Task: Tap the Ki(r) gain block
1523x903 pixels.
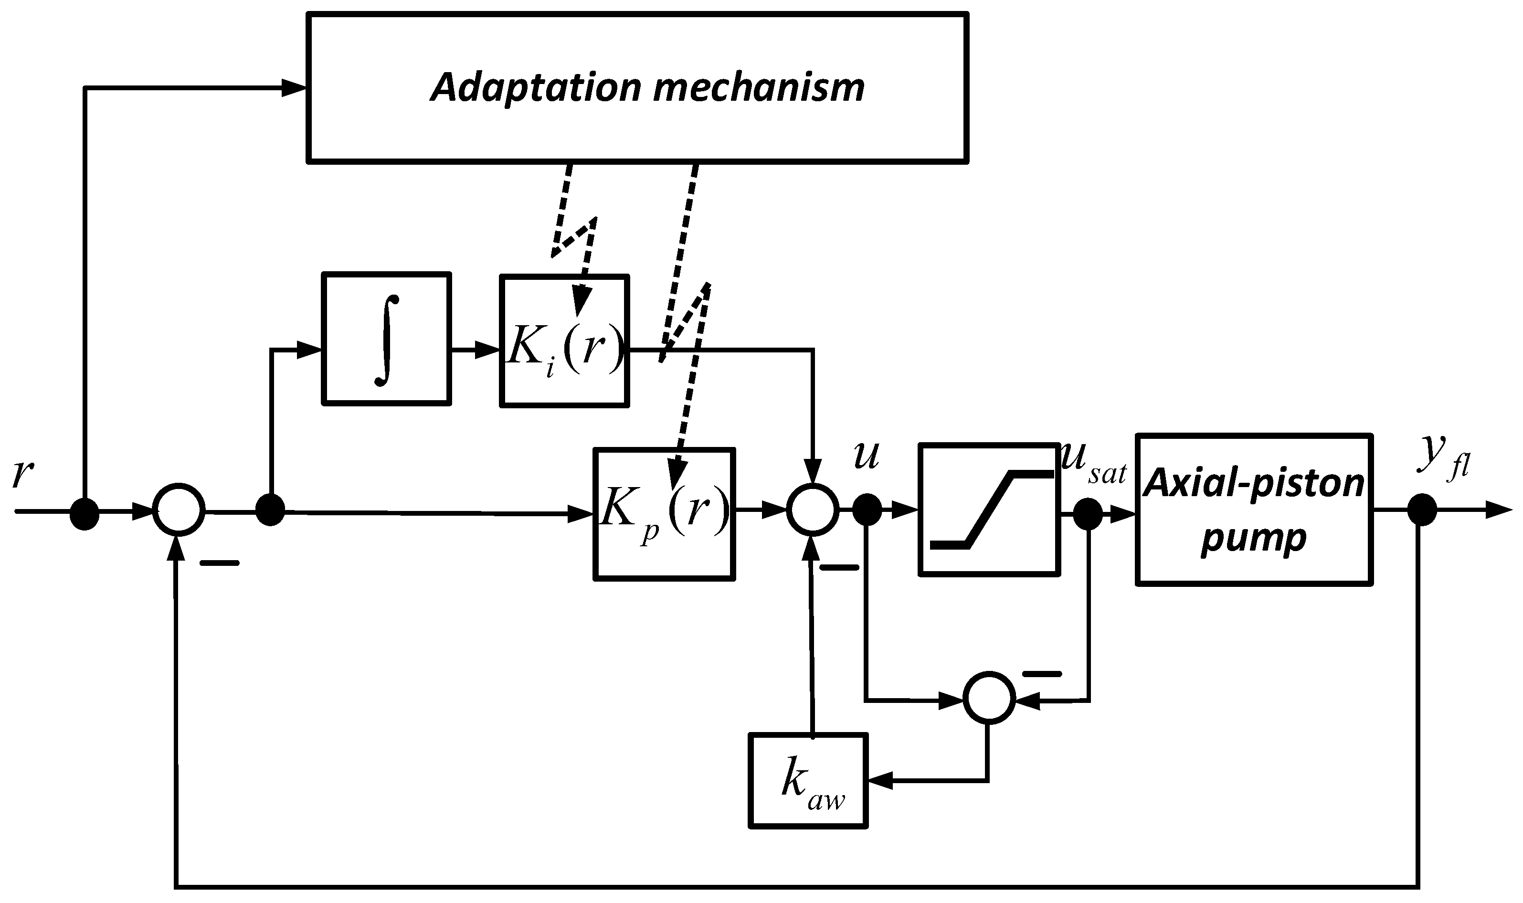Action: (564, 341)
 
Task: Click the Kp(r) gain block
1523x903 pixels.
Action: (664, 514)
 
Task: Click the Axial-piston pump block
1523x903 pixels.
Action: (1254, 510)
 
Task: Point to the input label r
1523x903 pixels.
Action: (22, 473)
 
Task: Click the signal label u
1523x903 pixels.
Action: (866, 455)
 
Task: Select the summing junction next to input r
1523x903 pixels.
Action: (178, 510)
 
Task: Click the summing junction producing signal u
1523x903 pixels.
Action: (813, 510)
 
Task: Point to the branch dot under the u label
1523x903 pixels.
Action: (867, 510)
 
